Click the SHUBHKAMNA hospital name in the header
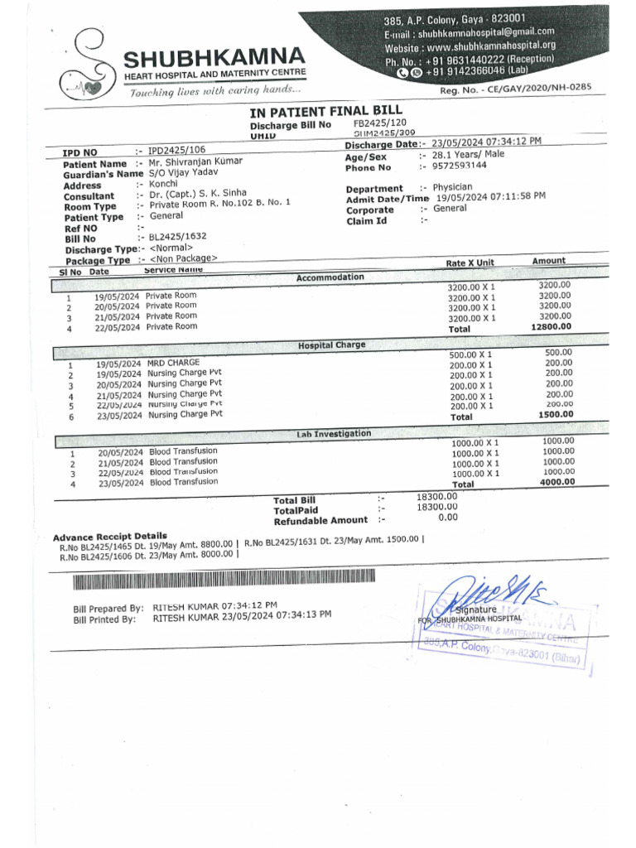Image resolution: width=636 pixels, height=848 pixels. click(214, 58)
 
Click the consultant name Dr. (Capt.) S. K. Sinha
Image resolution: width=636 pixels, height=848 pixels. click(197, 194)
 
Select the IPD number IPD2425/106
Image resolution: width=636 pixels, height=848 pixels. click(177, 151)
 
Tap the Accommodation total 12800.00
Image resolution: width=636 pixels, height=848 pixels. click(551, 327)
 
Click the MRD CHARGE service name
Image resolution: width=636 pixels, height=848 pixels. click(173, 364)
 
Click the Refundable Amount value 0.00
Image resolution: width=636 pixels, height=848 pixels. click(448, 518)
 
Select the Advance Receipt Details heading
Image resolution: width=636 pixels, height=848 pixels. click(109, 537)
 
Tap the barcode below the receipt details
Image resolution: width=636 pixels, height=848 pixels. click(224, 583)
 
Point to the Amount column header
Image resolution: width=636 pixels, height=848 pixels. click(548, 261)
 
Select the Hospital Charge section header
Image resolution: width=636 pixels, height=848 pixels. click(330, 344)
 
